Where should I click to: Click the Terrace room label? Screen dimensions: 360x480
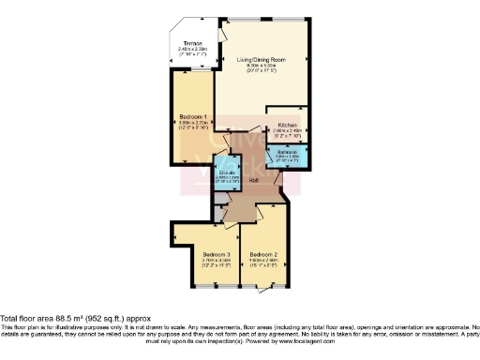click(192, 43)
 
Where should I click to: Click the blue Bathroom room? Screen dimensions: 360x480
click(287, 155)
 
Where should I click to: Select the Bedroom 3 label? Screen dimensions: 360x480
click(216, 254)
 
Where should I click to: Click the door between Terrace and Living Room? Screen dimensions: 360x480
click(220, 37)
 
